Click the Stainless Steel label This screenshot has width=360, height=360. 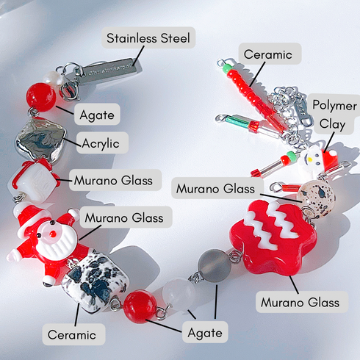click(x=148, y=37)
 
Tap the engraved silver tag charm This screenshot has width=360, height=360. click(x=109, y=69)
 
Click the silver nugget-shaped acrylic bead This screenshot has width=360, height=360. click(x=40, y=140)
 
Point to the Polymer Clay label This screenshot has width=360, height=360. click(x=334, y=115)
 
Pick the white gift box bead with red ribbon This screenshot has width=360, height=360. click(x=35, y=181)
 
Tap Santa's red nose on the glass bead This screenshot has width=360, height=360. click(x=52, y=234)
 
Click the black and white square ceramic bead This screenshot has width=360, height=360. click(x=95, y=283)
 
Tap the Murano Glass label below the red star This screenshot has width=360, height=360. click(x=302, y=302)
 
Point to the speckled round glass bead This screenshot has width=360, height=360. click(x=317, y=198)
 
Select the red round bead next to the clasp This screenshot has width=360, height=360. click(x=41, y=97)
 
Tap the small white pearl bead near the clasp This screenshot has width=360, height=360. click(x=53, y=78)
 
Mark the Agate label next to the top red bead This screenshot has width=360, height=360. click(x=97, y=115)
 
